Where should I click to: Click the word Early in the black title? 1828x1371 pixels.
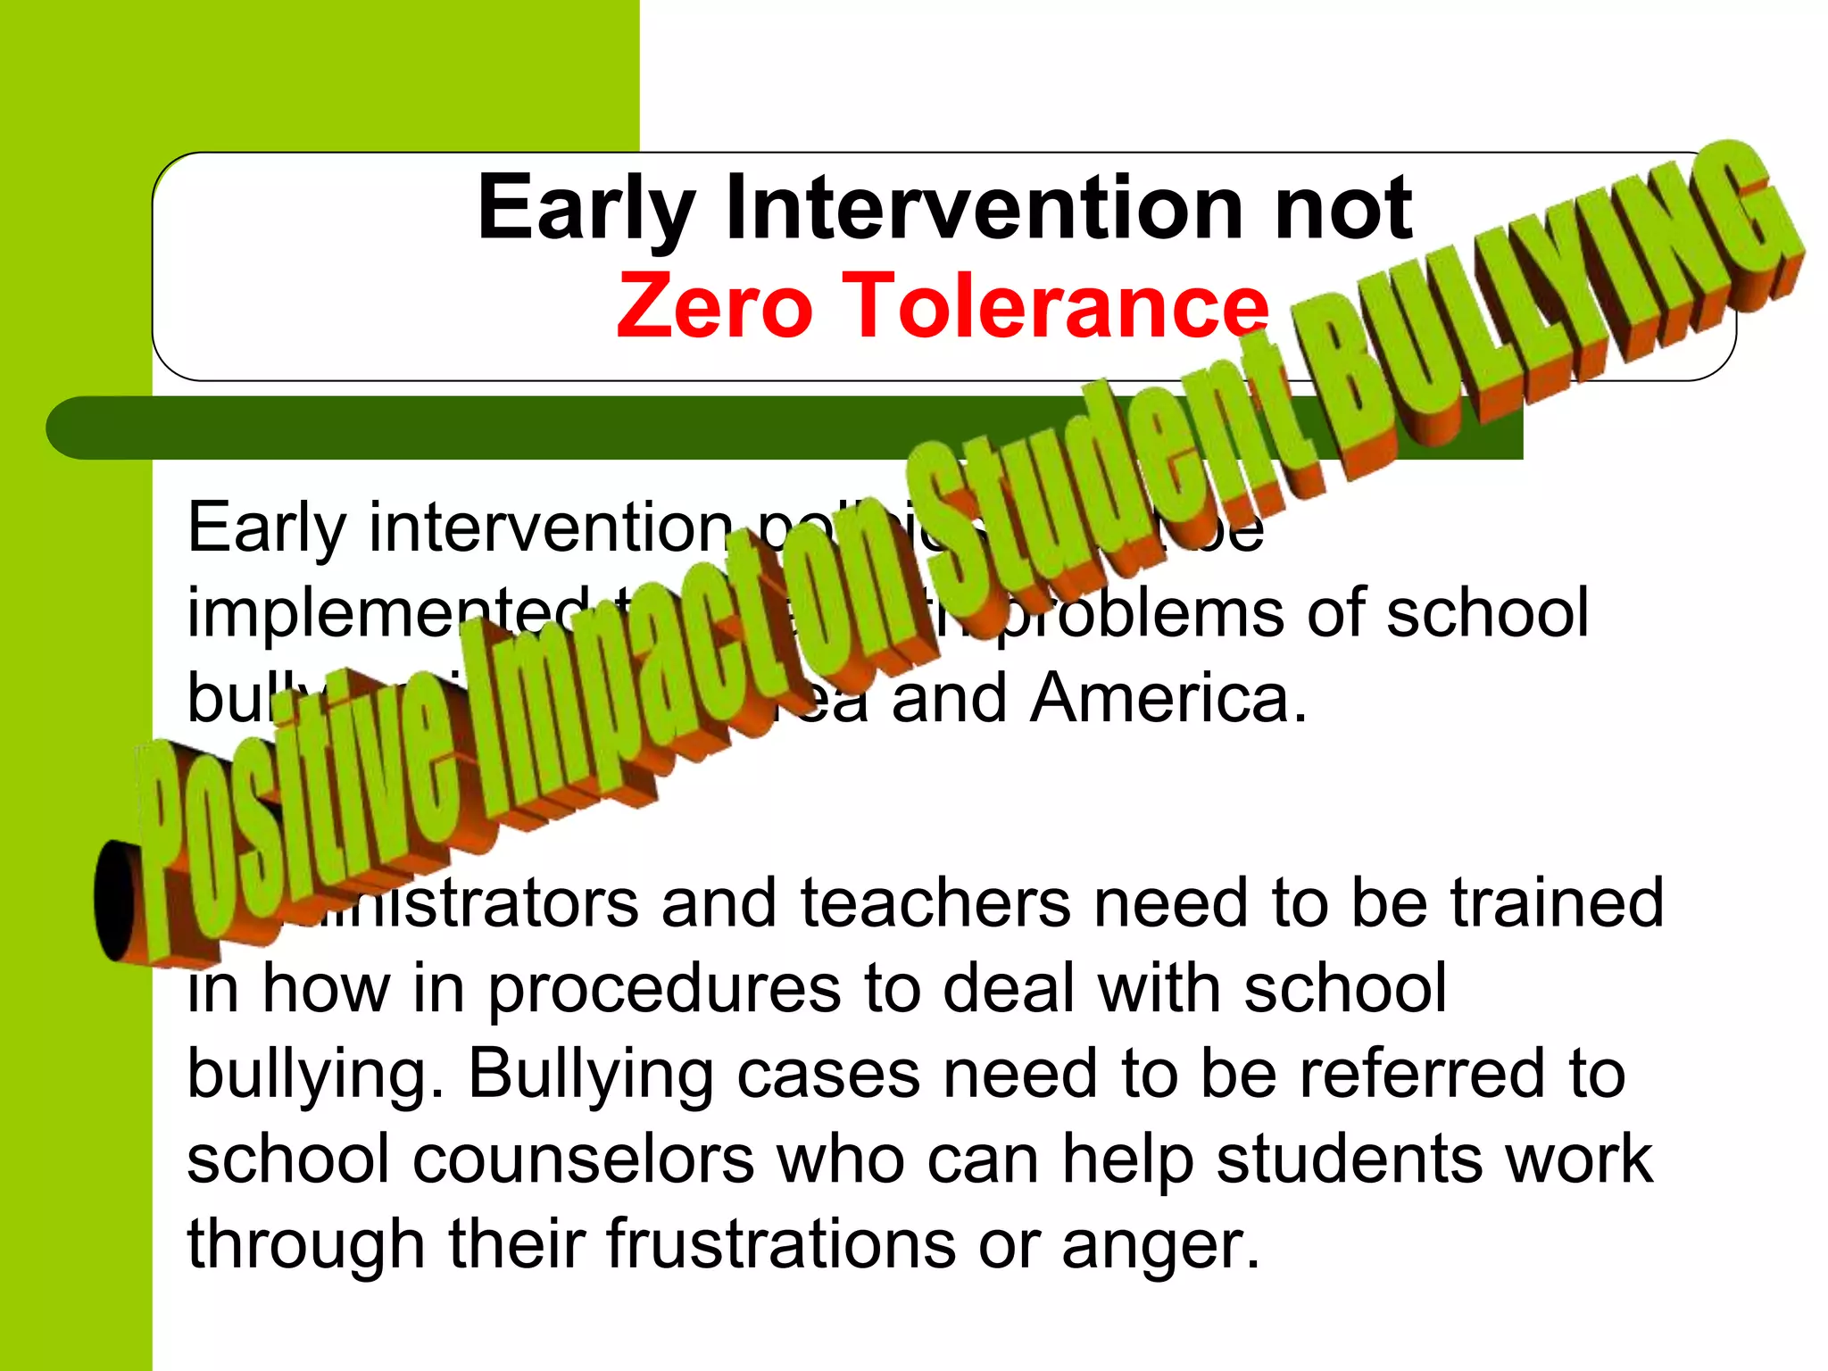(586, 211)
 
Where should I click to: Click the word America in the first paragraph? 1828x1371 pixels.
(1169, 698)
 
